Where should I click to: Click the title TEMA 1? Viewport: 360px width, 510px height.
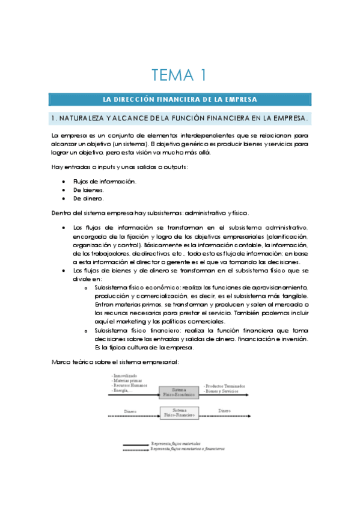click(x=179, y=75)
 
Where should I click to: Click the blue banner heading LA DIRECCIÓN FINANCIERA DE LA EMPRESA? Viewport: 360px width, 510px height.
click(x=180, y=99)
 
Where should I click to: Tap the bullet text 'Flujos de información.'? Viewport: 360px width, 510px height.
click(x=105, y=181)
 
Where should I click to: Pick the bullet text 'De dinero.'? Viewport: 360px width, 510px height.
click(x=89, y=198)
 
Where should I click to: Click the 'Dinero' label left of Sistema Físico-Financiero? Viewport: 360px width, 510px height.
click(x=130, y=411)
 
